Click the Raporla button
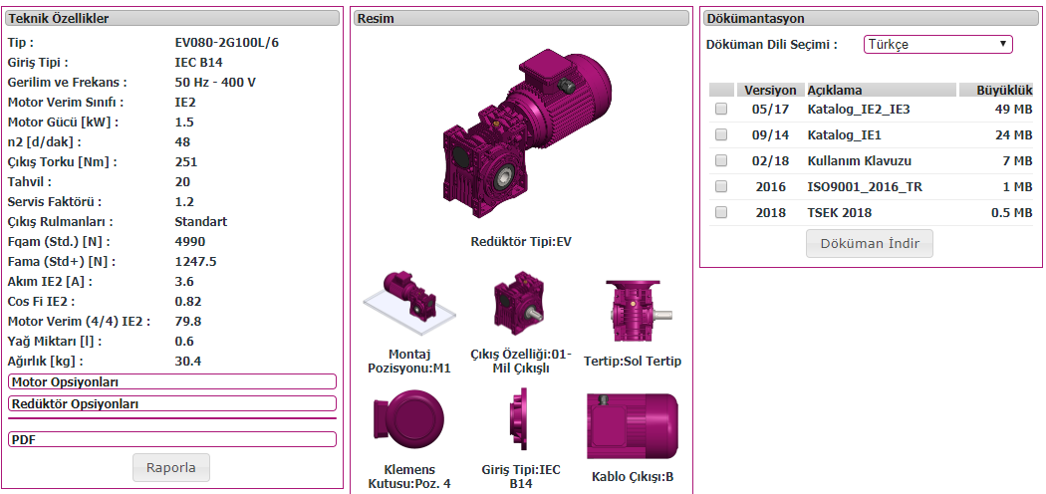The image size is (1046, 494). point(170,467)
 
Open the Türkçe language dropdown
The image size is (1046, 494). point(938,45)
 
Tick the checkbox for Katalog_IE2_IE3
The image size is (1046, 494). point(721,110)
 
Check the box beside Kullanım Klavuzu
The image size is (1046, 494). point(721,160)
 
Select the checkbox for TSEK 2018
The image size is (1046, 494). point(721,213)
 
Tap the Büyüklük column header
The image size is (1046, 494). point(995,90)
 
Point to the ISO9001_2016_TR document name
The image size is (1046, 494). point(865,186)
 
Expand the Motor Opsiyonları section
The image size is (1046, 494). point(172,382)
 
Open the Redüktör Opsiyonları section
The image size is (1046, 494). point(172,404)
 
